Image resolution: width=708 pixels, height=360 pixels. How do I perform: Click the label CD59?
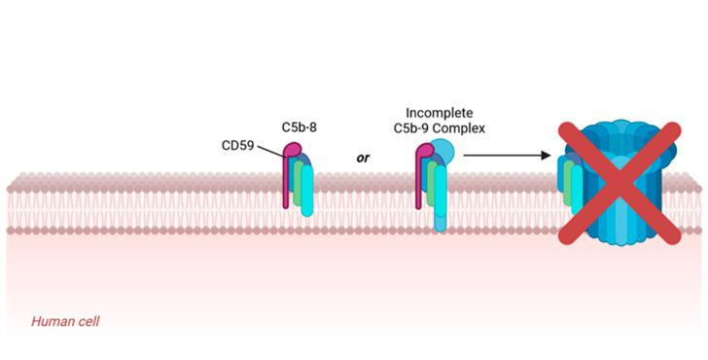pyautogui.click(x=240, y=147)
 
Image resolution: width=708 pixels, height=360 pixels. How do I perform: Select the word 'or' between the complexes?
pyautogui.click(x=363, y=155)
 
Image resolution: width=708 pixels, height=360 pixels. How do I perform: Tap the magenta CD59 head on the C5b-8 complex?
pyautogui.click(x=292, y=153)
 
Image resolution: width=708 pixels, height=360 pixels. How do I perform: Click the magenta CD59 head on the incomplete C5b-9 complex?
pyautogui.click(x=425, y=153)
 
